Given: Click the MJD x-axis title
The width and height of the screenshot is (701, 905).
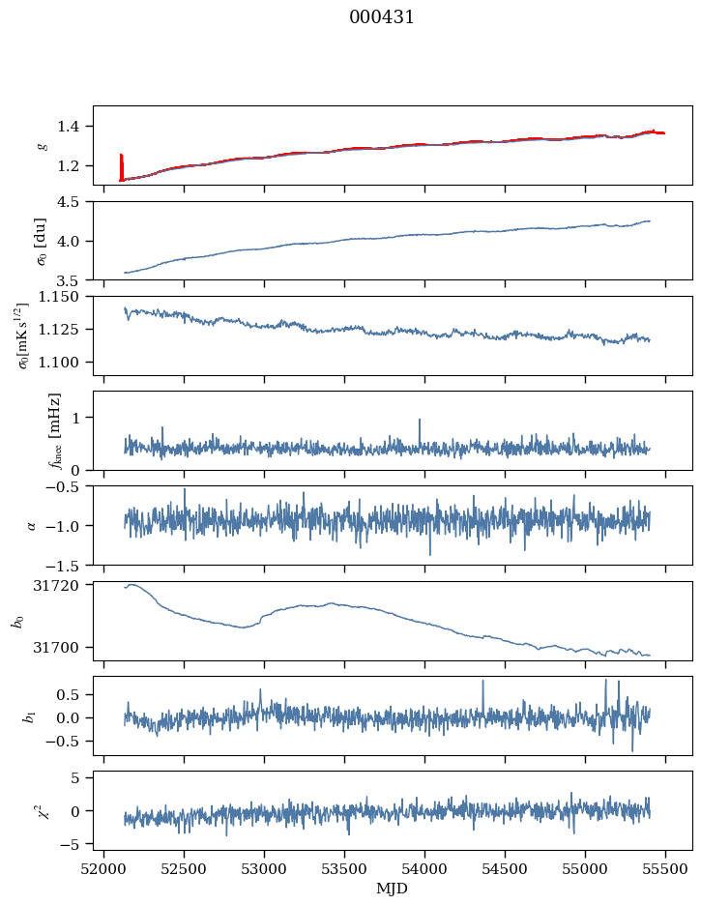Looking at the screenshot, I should (393, 888).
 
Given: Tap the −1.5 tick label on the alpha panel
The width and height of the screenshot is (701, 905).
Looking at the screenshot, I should (69, 565).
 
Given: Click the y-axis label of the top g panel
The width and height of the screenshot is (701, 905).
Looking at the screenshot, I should (41, 145).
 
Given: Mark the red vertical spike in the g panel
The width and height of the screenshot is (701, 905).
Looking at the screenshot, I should (121, 166).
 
